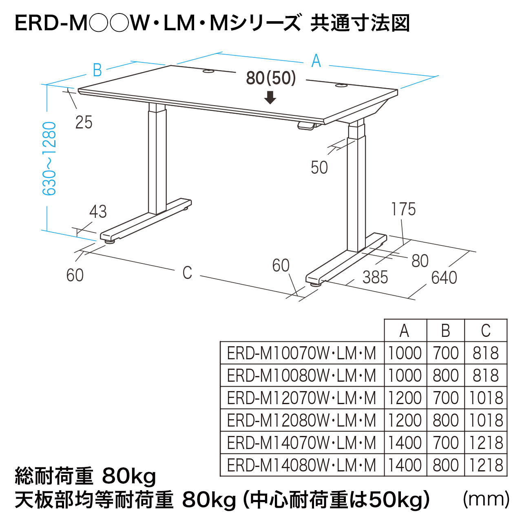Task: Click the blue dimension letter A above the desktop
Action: click(316, 61)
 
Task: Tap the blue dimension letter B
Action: click(97, 70)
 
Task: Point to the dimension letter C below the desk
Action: click(187, 273)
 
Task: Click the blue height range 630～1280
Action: click(50, 159)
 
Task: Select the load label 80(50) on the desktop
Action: click(271, 78)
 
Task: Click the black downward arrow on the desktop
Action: click(270, 97)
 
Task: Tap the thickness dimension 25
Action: click(84, 122)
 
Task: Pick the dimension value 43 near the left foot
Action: click(98, 212)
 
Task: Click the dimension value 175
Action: click(403, 209)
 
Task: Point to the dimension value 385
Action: click(375, 278)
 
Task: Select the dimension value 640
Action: click(444, 278)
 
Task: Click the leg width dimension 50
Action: click(319, 168)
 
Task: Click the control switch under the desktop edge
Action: click(307, 126)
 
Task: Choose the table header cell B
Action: click(445, 331)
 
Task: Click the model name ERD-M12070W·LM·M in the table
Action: click(301, 398)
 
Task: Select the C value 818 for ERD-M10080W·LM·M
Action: click(485, 376)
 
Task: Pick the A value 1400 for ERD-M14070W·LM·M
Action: click(405, 443)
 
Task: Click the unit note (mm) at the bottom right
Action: click(486, 499)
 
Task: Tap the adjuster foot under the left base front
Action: click(111, 241)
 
